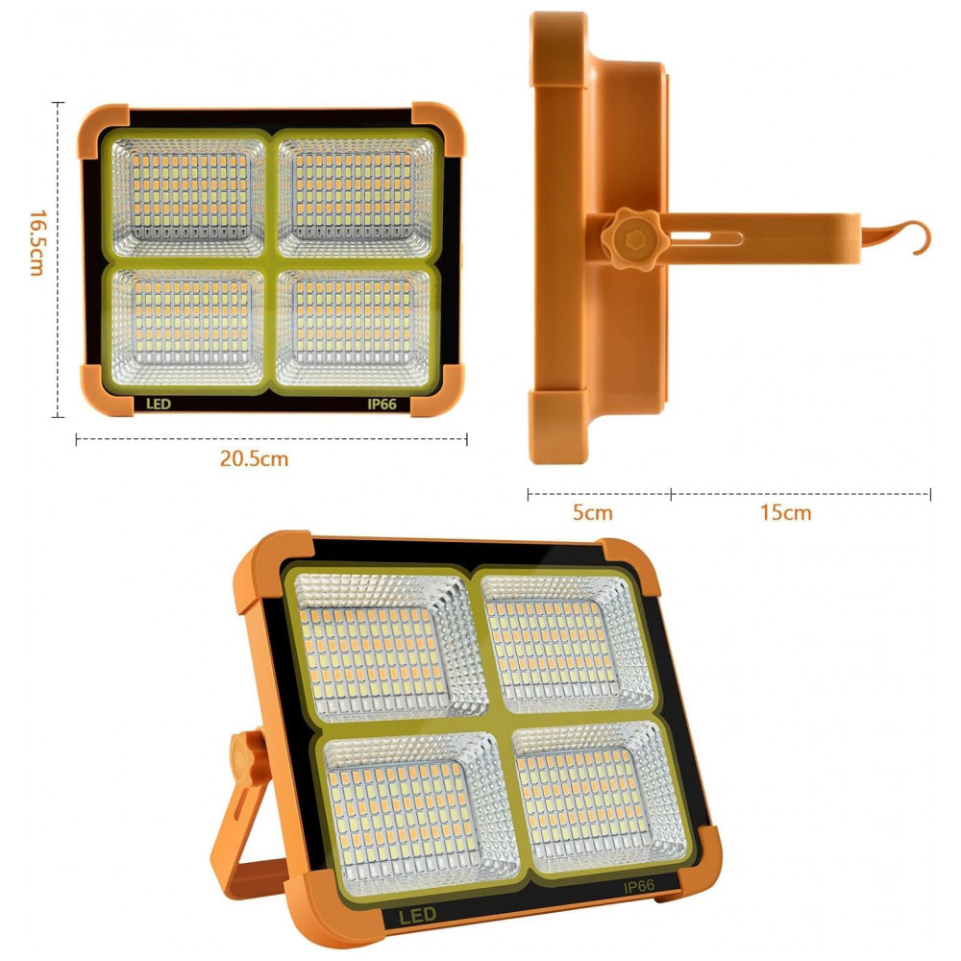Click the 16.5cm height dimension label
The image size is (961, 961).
point(37,243)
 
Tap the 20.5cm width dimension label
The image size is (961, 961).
point(254,458)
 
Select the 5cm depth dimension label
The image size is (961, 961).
point(592,512)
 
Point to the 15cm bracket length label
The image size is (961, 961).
point(786,512)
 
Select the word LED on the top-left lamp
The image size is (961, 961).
point(159,404)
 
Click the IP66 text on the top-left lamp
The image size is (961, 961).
point(382,404)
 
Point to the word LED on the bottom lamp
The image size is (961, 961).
point(418,916)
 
